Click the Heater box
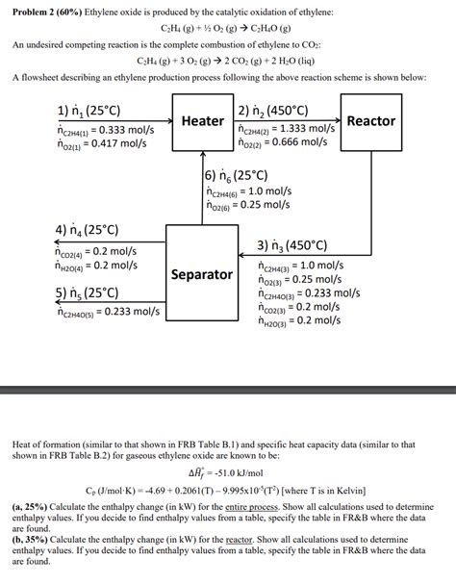pos(202,122)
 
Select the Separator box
pos(202,274)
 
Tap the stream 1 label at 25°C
pos(92,109)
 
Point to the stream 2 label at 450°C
pos(279,109)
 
